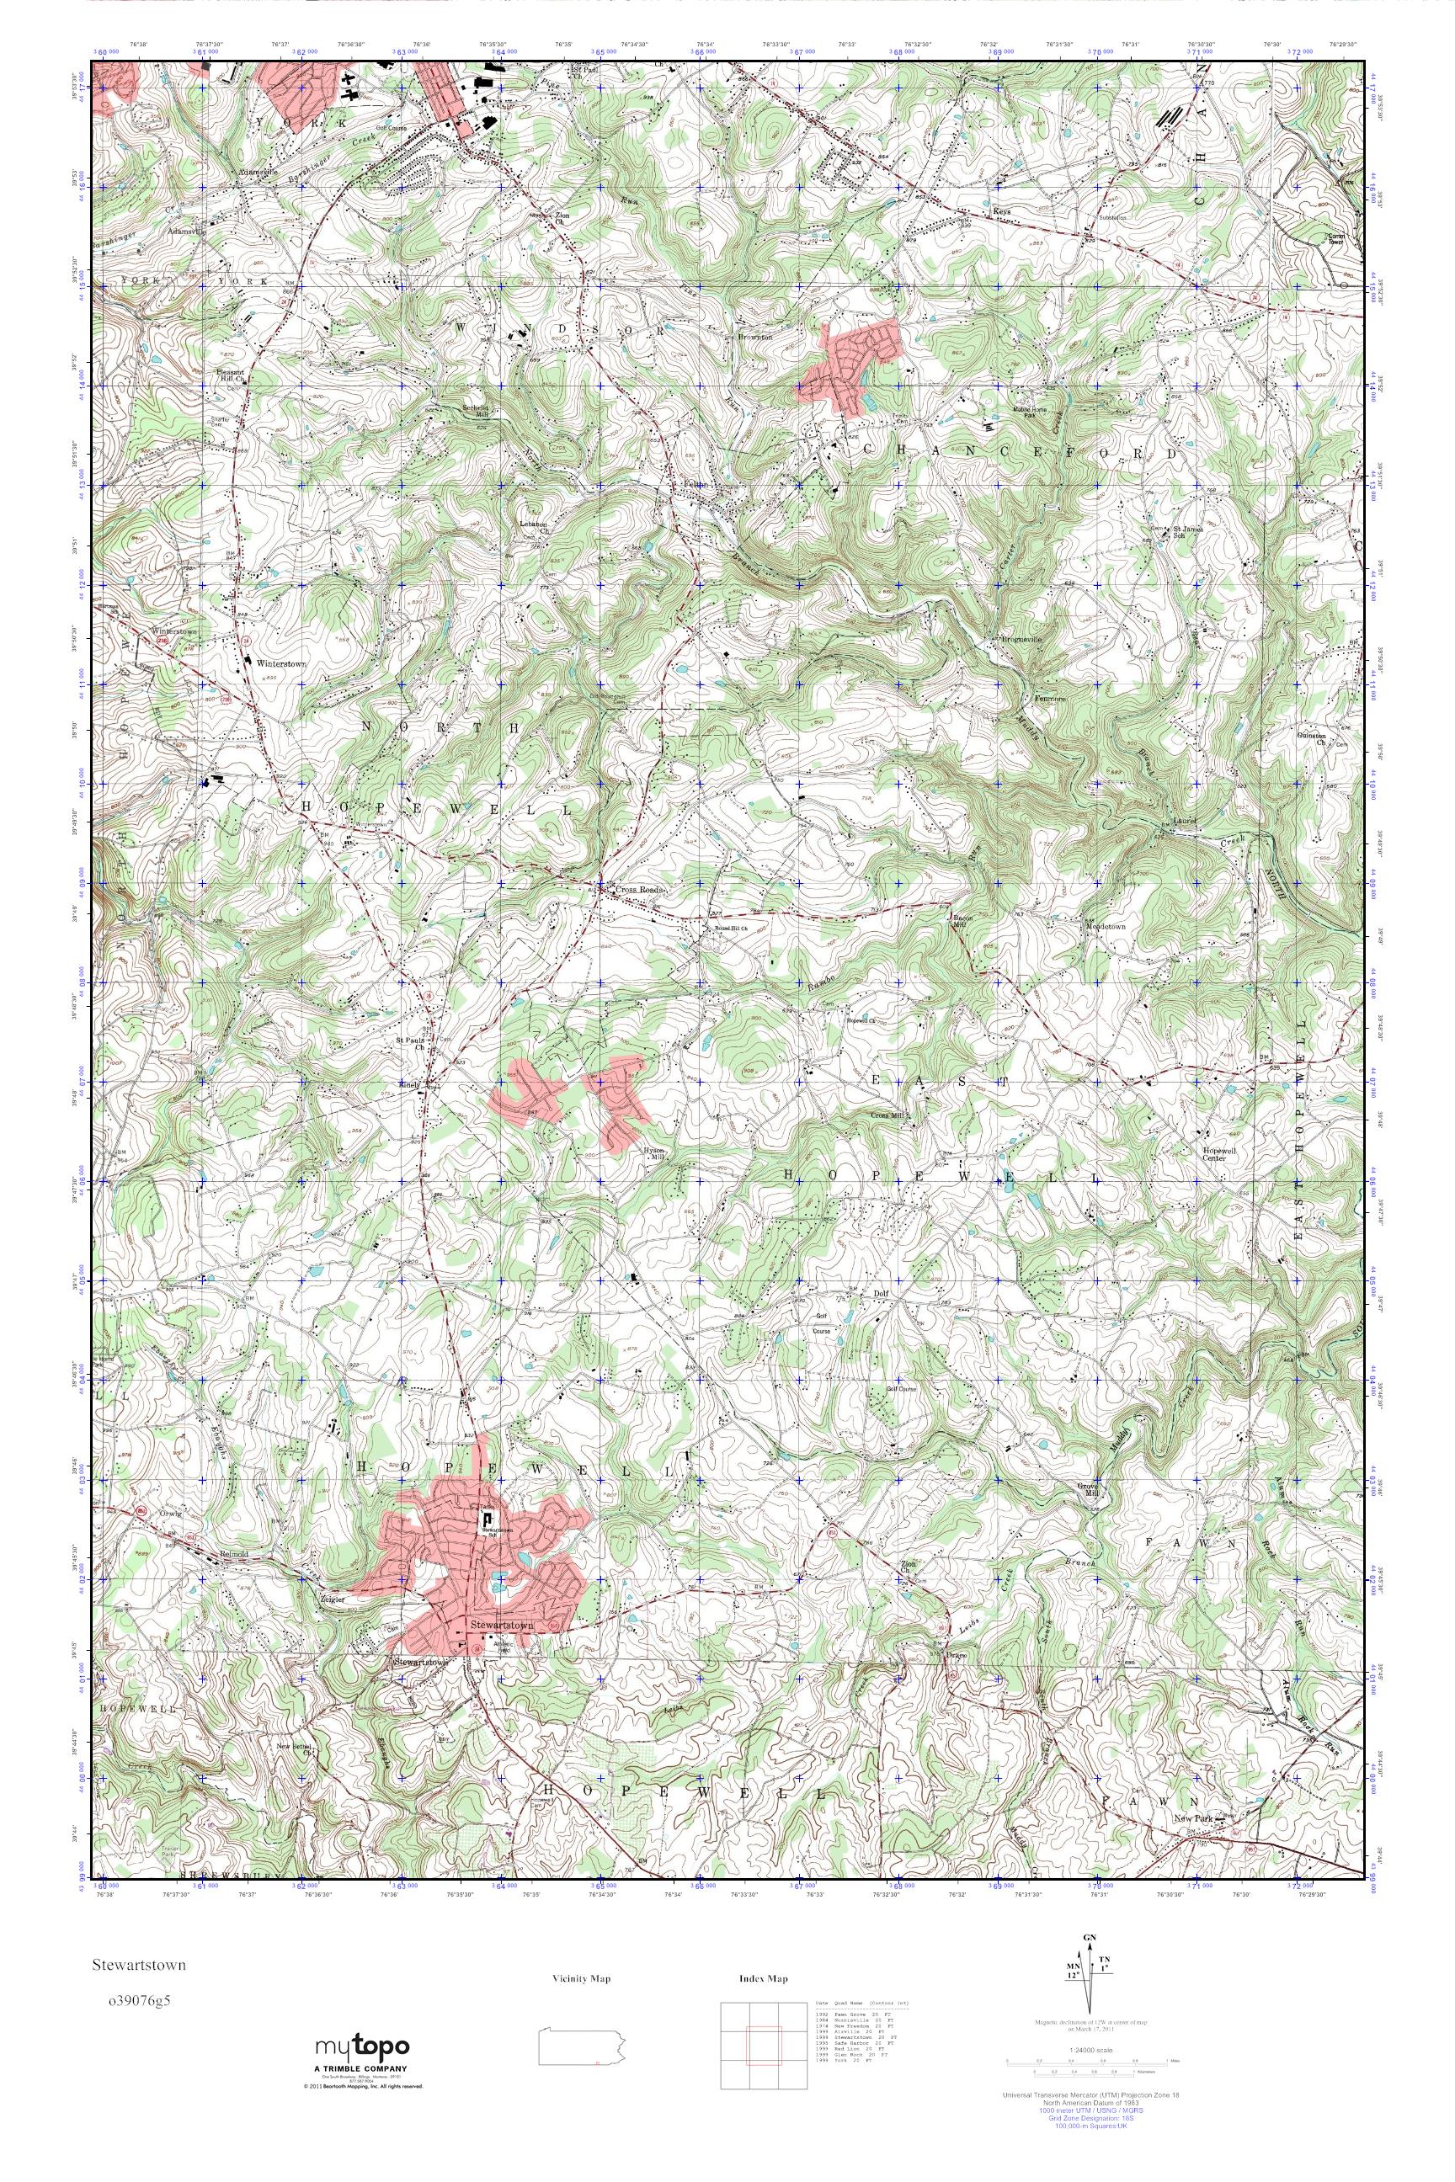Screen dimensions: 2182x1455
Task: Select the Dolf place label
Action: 882,1291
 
